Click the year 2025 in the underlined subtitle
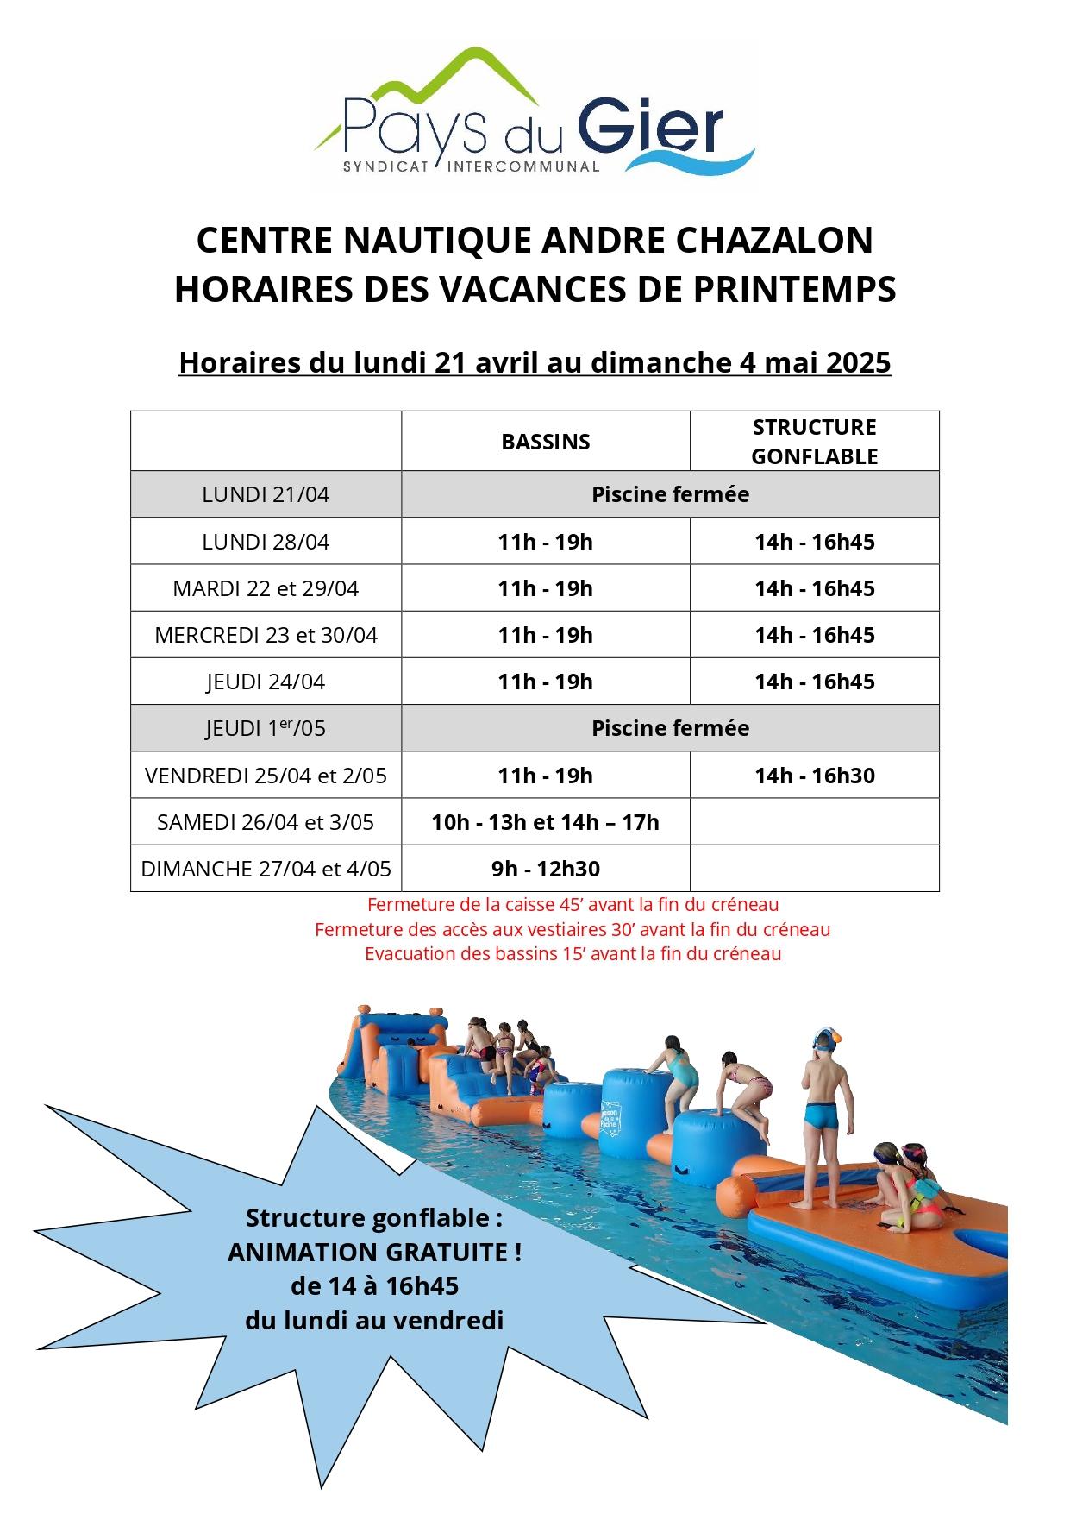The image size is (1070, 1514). coord(858,362)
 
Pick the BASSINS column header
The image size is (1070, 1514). coord(545,442)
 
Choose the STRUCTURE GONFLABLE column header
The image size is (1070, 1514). coord(814,442)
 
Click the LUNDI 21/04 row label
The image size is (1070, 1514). coord(266,494)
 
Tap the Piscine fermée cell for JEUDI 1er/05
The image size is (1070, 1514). coord(670,728)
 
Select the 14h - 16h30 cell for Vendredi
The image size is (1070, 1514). coord(814,776)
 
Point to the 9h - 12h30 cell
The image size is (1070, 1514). coord(545,869)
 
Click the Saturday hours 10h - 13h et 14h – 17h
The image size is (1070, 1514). coord(545,822)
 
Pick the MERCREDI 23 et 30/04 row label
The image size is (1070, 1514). coord(266,635)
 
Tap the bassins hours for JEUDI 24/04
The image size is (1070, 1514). coord(545,682)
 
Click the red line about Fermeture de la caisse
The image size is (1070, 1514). coord(573,905)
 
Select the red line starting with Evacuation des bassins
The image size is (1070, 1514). coord(573,954)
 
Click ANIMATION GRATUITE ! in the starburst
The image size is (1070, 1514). coord(374,1252)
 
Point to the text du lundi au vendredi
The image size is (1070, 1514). coord(374,1321)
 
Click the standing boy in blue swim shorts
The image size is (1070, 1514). coord(822,1113)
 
